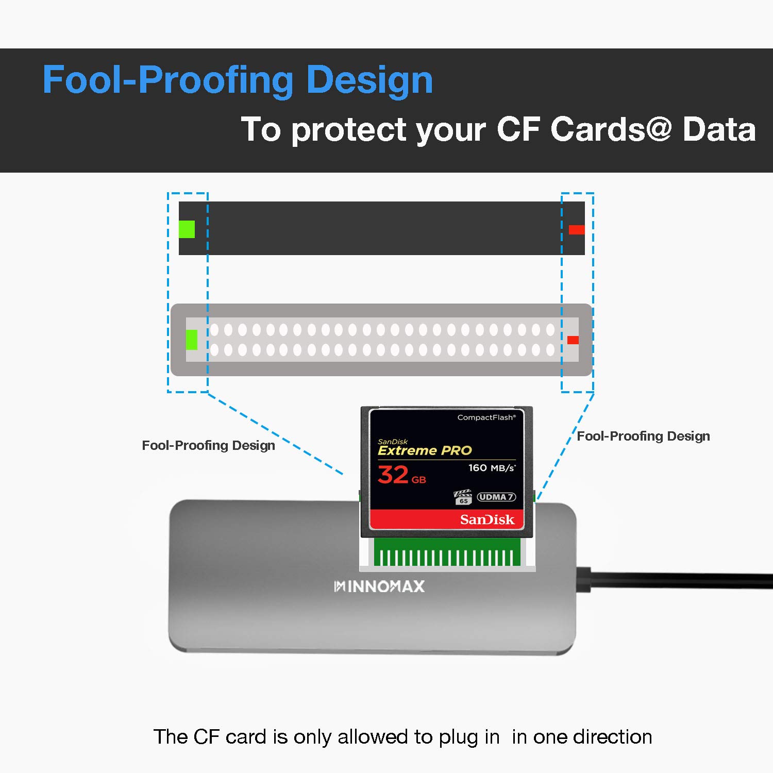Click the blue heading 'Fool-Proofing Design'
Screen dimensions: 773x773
238,80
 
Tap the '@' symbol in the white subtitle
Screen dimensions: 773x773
658,128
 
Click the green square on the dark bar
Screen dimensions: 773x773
187,229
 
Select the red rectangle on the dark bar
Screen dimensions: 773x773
577,229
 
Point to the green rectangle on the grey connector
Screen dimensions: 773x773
192,340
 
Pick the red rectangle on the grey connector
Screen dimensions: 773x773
573,340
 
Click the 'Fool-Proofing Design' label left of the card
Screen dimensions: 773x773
208,445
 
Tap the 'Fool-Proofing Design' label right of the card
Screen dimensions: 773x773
643,436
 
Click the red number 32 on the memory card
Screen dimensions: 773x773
393,474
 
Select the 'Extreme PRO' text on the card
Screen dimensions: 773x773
425,450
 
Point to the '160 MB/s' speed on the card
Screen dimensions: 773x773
492,468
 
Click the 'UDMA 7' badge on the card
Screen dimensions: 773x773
496,497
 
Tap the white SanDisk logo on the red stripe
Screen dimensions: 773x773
487,519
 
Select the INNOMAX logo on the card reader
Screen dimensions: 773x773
379,586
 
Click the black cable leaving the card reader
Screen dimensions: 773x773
675,580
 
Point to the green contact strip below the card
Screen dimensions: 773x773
447,552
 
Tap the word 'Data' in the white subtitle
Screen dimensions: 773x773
719,129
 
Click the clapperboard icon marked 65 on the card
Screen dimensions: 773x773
463,497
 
